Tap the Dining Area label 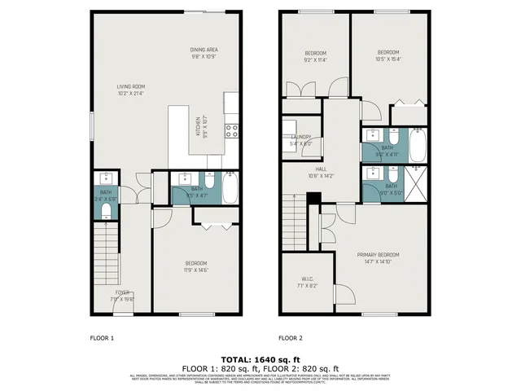click(x=204, y=50)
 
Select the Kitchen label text click(x=197, y=128)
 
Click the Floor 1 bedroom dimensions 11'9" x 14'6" click(x=196, y=270)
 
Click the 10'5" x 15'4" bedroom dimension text click(x=387, y=59)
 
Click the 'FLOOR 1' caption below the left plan click(x=101, y=337)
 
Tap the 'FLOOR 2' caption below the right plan click(x=291, y=337)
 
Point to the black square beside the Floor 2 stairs click(x=312, y=198)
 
